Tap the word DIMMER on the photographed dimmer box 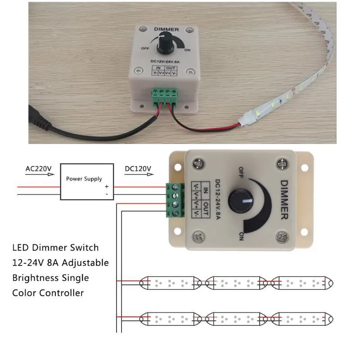pos(166,29)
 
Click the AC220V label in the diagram pos(39,169)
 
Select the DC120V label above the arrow pos(138,169)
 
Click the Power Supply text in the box pos(84,179)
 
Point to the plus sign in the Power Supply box pos(107,187)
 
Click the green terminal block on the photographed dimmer pos(165,97)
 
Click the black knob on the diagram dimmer pos(241,200)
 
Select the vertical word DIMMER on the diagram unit pos(284,200)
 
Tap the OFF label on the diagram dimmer pos(241,172)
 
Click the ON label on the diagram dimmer pos(241,236)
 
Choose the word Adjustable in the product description pos(85,263)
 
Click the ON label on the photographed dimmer pos(187,50)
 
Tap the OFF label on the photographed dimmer pos(145,49)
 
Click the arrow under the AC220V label pos(40,175)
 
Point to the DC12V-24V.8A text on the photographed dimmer pos(165,62)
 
